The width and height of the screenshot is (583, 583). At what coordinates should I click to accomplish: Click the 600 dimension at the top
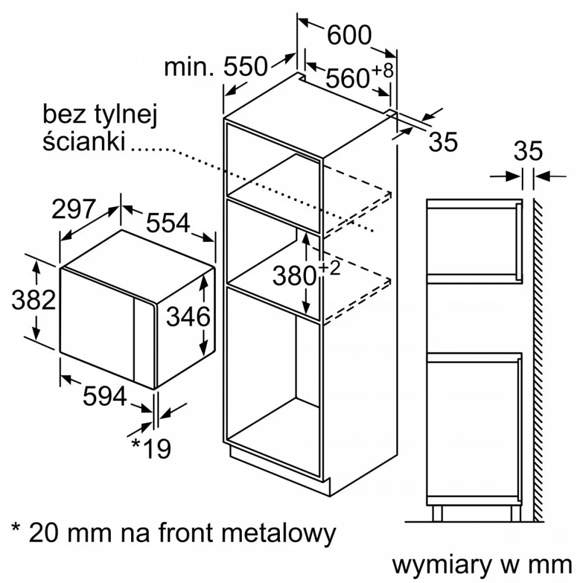click(349, 36)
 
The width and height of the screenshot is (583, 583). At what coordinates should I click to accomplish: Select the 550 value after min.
click(246, 67)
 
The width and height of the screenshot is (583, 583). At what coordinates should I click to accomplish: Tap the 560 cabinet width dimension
click(347, 79)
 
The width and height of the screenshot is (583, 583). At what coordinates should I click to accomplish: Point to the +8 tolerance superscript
click(382, 71)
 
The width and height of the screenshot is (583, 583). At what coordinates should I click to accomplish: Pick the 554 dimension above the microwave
click(168, 223)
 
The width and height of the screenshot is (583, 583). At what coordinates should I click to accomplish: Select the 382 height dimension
click(33, 300)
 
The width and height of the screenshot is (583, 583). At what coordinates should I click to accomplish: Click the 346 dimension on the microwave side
click(188, 317)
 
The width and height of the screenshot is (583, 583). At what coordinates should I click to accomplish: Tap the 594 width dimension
click(105, 396)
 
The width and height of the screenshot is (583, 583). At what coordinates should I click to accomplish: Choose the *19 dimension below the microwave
click(152, 448)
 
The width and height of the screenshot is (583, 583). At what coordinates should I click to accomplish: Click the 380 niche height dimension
click(294, 276)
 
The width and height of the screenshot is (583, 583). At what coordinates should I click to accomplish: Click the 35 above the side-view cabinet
click(528, 151)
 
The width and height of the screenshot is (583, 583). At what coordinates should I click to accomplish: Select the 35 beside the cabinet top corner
click(443, 142)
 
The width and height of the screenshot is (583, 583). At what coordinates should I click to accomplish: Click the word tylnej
click(127, 114)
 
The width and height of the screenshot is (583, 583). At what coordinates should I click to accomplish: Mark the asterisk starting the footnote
click(16, 527)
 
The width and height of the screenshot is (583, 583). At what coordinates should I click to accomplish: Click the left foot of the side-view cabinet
click(438, 514)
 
